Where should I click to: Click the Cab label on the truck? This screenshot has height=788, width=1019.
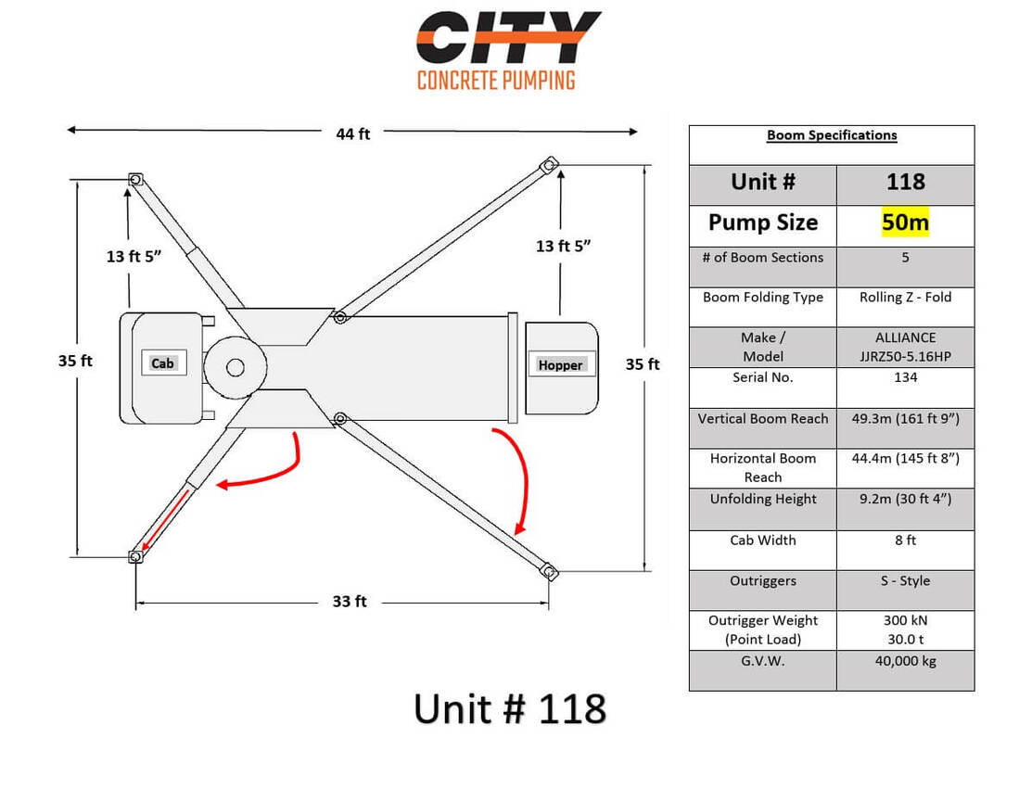163,363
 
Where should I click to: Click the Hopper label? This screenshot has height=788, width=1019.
560,365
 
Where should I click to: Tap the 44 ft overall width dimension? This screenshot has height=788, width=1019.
353,133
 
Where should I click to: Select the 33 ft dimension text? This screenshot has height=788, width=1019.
350,602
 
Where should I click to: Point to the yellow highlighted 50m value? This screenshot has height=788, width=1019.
905,222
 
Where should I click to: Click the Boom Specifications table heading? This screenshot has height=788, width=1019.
832,135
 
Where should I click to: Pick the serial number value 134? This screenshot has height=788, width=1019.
905,377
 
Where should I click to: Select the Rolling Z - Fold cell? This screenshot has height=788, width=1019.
905,298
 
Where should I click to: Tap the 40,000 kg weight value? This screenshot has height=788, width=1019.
905,661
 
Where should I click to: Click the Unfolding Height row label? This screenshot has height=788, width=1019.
763,499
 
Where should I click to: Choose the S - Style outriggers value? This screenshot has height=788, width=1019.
905,580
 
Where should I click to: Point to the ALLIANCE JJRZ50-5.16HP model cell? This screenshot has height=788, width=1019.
905,347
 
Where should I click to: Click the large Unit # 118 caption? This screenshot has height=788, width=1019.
510,709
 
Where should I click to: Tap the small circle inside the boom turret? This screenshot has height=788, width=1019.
236,368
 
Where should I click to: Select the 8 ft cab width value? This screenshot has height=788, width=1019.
905,540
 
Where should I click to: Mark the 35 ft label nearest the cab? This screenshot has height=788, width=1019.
75,361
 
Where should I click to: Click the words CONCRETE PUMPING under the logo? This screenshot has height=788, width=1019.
496,81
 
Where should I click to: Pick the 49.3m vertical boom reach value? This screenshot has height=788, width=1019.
905,418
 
